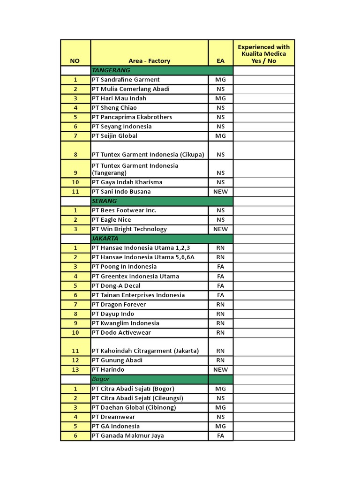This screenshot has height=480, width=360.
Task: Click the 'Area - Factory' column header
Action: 149,60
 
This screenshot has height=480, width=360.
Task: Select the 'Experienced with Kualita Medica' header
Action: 263,53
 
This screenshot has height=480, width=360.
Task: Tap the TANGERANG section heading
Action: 111,70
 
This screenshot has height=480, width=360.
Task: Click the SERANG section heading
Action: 105,201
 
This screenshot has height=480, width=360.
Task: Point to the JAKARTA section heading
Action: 105,238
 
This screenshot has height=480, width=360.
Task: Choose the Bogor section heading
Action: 101,379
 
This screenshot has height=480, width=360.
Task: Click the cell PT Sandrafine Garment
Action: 126,79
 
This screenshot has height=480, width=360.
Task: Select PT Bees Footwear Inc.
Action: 124,210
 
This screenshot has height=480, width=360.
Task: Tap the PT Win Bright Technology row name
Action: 129,229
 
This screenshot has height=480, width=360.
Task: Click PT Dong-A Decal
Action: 116,285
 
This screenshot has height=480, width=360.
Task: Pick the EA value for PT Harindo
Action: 220,369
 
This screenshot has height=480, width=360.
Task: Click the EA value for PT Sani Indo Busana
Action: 220,191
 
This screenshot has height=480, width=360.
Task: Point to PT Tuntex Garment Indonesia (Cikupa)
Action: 148,154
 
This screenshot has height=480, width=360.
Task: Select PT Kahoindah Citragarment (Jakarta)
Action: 145,351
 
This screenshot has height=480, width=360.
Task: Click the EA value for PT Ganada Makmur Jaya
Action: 220,435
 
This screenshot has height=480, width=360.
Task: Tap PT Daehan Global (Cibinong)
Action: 134,407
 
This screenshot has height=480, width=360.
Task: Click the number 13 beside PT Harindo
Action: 75,369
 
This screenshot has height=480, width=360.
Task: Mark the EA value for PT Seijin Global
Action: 220,135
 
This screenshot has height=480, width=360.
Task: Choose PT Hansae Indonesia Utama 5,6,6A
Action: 142,257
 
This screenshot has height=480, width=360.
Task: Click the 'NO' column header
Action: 75,60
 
